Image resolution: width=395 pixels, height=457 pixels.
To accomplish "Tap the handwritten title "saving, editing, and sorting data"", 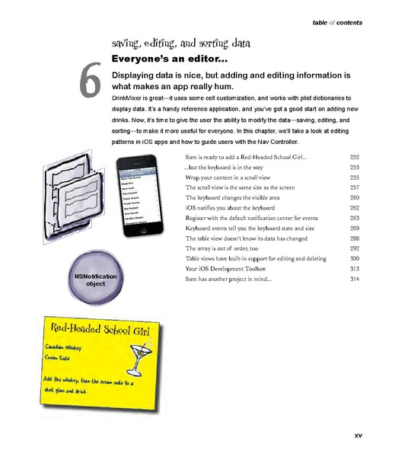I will [183, 42].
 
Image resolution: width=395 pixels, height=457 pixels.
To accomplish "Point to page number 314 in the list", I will [354, 280].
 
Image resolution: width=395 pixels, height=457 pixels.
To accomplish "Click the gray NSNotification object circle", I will [96, 278].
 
